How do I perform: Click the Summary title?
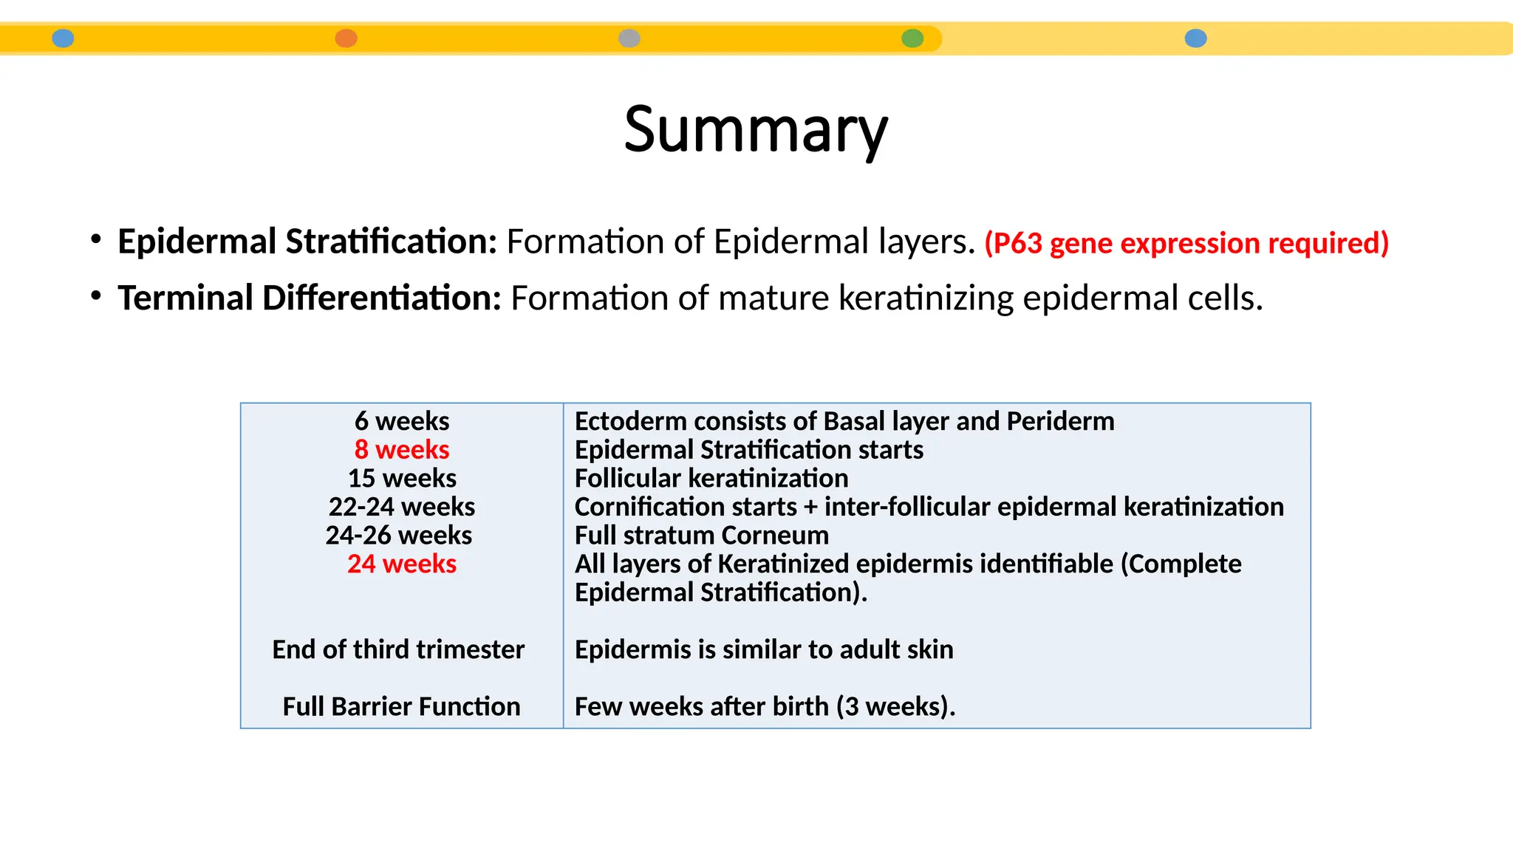(756, 130)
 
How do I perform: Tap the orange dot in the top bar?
(346, 38)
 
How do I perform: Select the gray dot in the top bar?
(629, 38)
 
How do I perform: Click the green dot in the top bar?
(912, 38)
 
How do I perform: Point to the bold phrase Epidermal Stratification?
(307, 242)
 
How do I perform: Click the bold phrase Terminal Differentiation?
(310, 298)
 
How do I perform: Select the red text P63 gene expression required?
(1186, 243)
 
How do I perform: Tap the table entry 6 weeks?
(402, 421)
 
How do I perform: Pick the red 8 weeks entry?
(402, 450)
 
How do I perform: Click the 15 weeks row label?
(402, 479)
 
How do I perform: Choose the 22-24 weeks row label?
(402, 507)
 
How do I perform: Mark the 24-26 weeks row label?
(399, 536)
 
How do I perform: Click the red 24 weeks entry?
(402, 564)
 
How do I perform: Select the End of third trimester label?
(398, 649)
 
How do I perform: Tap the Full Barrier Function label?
(401, 707)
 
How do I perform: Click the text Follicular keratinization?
(711, 479)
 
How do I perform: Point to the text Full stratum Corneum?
(702, 536)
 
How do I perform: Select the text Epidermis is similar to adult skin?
(764, 649)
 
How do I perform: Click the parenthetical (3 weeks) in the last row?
(895, 707)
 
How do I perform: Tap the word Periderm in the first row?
(1060, 421)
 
